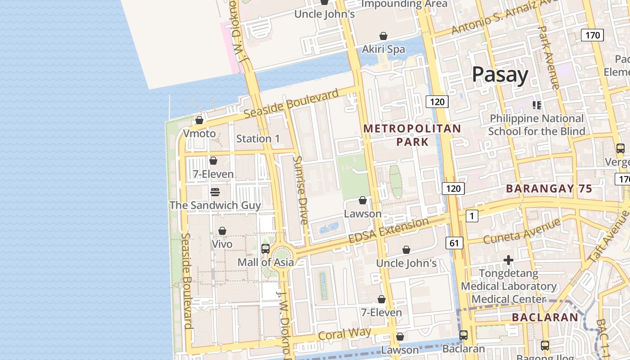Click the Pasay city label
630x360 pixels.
coord(500,74)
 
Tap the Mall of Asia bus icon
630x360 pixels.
coord(265,248)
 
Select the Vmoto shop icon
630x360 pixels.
coord(199,120)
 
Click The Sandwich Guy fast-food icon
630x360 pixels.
coord(215,192)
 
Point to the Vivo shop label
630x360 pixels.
coord(222,244)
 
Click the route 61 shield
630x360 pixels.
coord(454,243)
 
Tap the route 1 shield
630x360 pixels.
coord(472,216)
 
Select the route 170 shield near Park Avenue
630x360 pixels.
coord(592,35)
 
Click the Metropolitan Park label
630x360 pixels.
coord(412,135)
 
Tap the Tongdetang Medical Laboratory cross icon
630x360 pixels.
coord(508,260)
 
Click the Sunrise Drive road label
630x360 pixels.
coord(300,190)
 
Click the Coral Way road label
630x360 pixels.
coord(345,334)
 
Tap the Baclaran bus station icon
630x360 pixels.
coord(463,335)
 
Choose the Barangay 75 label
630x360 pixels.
coord(549,189)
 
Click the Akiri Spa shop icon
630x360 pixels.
coord(383,36)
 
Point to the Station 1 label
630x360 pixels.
coord(258,139)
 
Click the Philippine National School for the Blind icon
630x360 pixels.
coord(537,105)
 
